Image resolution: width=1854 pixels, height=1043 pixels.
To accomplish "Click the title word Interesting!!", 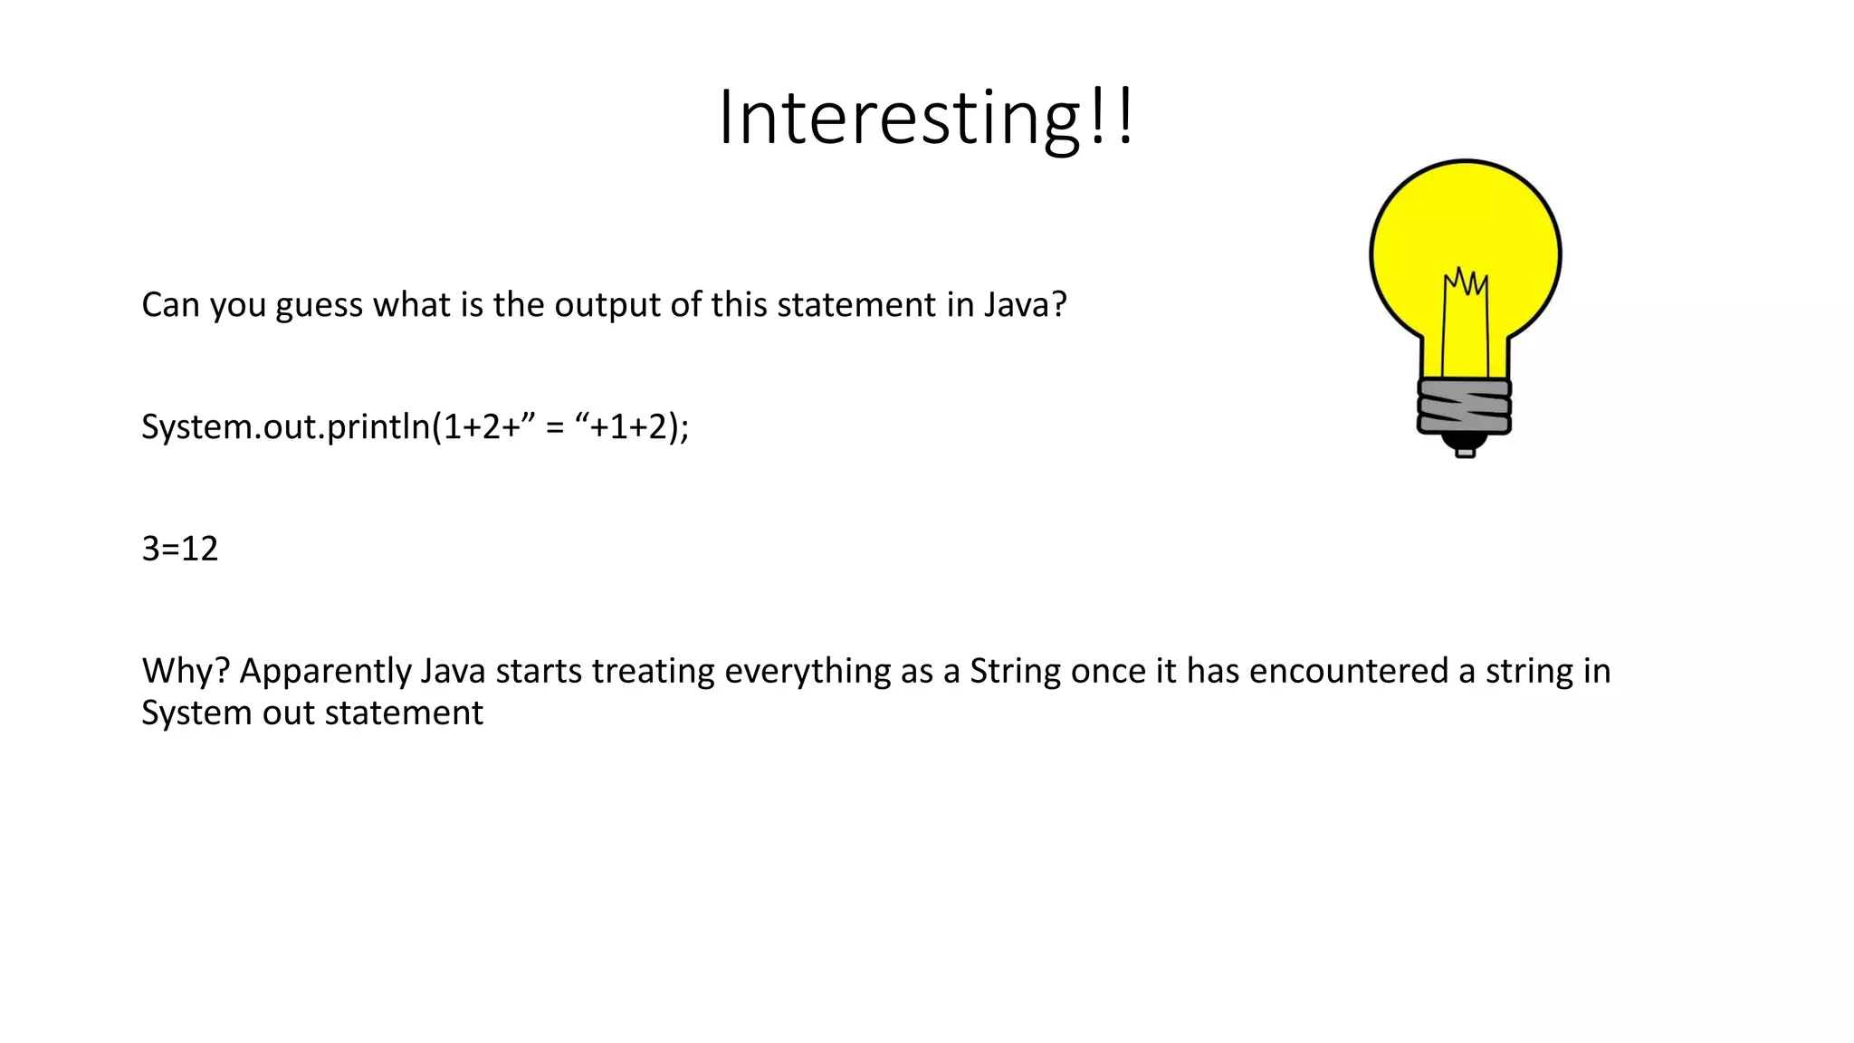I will (x=925, y=118).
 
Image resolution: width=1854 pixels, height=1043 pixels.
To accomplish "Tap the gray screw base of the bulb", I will (x=1464, y=407).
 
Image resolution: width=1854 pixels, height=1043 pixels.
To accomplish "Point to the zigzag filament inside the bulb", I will (x=1466, y=282).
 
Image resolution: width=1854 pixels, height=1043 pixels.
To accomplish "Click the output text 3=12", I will (x=180, y=549).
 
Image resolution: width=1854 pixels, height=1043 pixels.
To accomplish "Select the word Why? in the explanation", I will (x=186, y=672).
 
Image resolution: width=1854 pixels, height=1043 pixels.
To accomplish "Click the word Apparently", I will (x=325, y=672).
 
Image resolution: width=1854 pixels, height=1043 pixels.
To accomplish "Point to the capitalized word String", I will (x=1014, y=672).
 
